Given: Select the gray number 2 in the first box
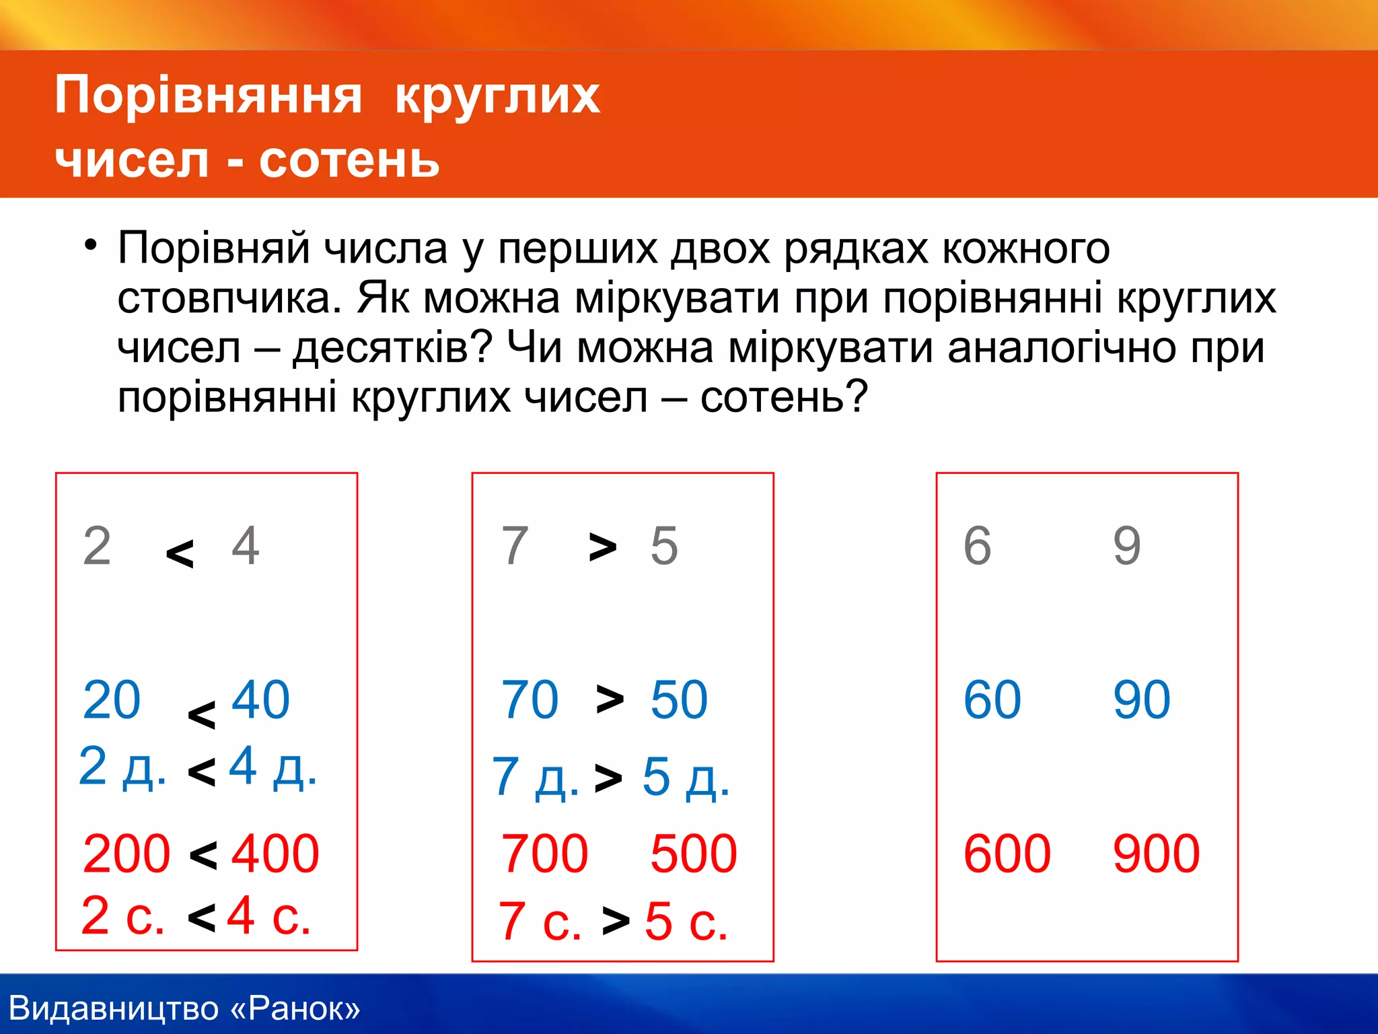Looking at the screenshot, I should point(97,545).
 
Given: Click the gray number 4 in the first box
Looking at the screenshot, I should point(246,545).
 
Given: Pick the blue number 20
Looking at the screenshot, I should point(112,700).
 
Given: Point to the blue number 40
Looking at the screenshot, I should point(260,700).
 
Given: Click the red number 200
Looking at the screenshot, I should point(126,854).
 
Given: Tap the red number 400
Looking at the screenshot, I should point(275,854).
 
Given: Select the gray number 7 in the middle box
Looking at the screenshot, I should point(515,545).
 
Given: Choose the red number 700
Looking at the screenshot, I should point(545,854).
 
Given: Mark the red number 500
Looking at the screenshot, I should point(694,854).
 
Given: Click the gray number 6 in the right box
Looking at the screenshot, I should point(978,545).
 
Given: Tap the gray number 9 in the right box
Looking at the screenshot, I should point(1127,545).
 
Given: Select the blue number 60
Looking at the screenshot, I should point(992,700).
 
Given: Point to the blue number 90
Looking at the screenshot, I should point(1142,700).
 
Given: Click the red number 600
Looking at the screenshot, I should point(1007,854).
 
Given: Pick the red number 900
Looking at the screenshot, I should point(1157,854).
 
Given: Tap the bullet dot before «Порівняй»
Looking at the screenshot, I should point(91,244).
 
